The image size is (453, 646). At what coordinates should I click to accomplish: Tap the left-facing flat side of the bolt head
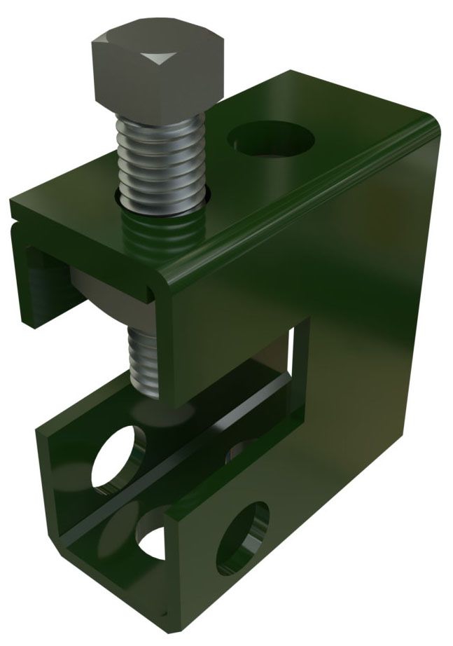pyautogui.click(x=105, y=77)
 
